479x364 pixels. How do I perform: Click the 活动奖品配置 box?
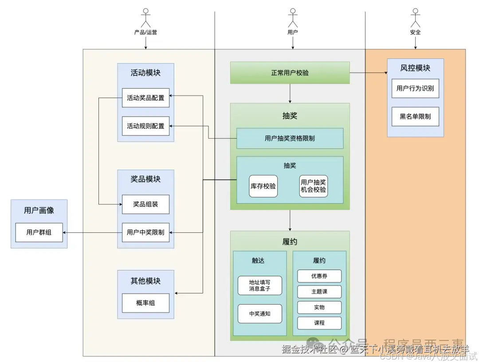pyautogui.click(x=145, y=98)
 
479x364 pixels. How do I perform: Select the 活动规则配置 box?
pyautogui.click(x=145, y=126)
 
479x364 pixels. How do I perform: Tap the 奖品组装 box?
pyautogui.click(x=145, y=204)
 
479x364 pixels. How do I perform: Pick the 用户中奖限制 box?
pyautogui.click(x=145, y=232)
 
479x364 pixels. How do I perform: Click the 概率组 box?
pyautogui.click(x=145, y=303)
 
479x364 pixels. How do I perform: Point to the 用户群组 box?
pyautogui.click(x=39, y=232)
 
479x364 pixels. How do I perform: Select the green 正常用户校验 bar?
pyautogui.click(x=290, y=73)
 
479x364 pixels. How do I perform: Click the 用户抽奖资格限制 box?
pyautogui.click(x=290, y=138)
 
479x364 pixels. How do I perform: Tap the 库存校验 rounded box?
pyautogui.click(x=263, y=186)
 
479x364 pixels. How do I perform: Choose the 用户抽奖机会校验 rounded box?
pyautogui.click(x=314, y=186)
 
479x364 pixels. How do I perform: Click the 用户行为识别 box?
pyautogui.click(x=415, y=89)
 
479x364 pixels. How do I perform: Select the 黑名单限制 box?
pyautogui.click(x=415, y=117)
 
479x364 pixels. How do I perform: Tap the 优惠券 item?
pyautogui.click(x=319, y=276)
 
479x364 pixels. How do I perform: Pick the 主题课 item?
pyautogui.click(x=319, y=292)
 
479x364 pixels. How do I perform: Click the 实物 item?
pyautogui.click(x=319, y=307)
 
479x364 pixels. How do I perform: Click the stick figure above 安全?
pyautogui.click(x=415, y=18)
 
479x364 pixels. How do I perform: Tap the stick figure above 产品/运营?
pyautogui.click(x=145, y=18)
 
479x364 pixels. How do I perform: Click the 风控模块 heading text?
pyautogui.click(x=415, y=68)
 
